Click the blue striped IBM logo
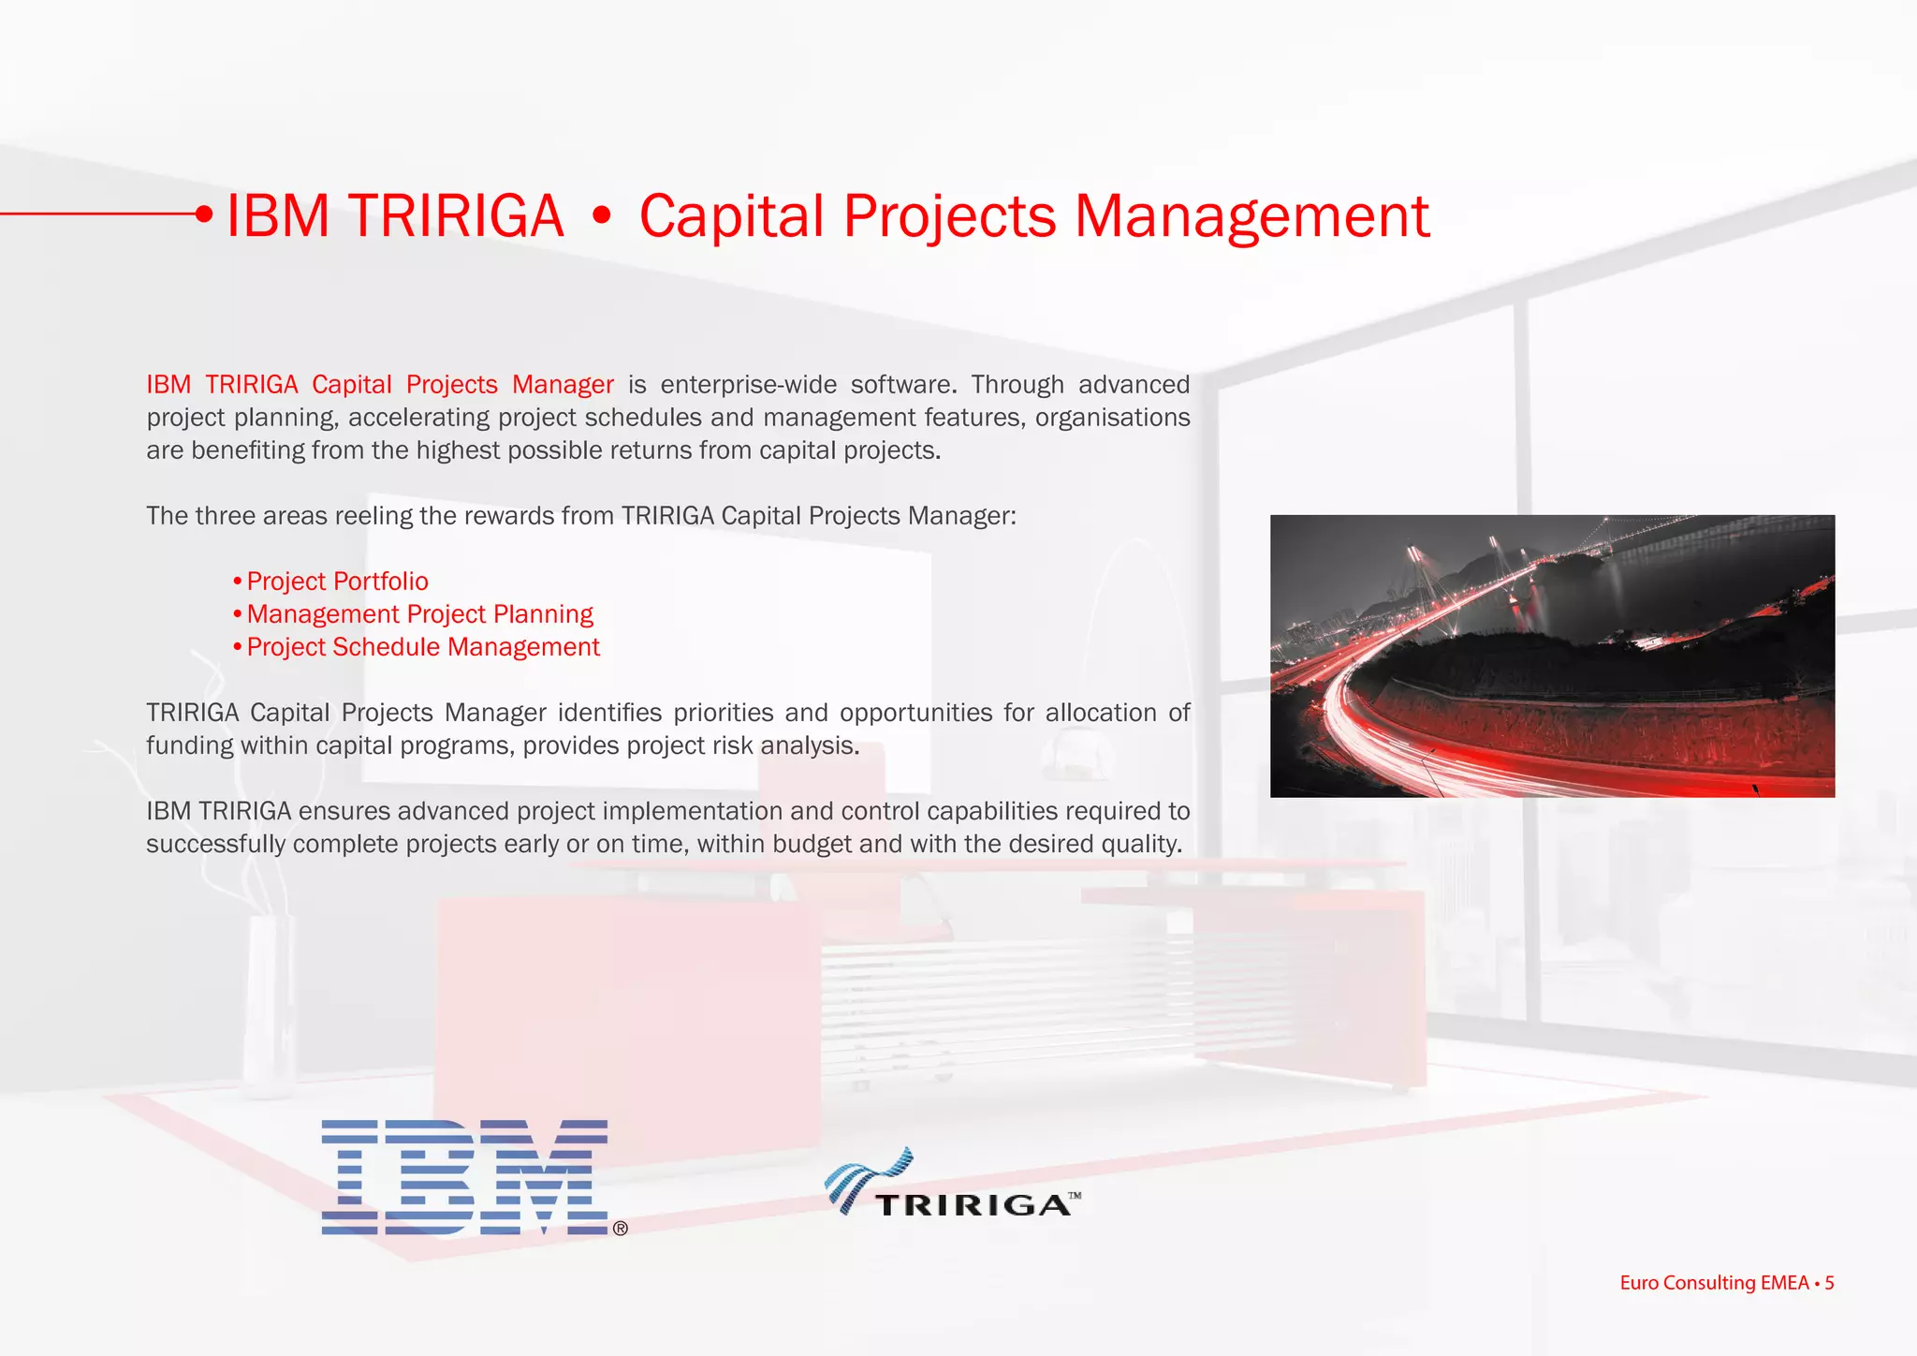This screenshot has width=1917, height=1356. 464,1177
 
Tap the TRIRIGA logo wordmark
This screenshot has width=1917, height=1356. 973,1204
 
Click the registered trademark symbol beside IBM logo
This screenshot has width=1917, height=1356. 620,1229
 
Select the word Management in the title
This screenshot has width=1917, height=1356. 1251,216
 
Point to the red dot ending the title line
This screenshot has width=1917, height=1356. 204,214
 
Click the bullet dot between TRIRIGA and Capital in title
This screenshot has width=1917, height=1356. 602,217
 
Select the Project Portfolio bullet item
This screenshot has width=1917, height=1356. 337,582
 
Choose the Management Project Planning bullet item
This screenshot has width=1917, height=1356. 419,614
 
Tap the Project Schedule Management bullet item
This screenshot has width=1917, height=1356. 422,647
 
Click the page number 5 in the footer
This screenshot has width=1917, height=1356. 1829,1283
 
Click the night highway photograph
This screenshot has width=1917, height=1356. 1552,656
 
